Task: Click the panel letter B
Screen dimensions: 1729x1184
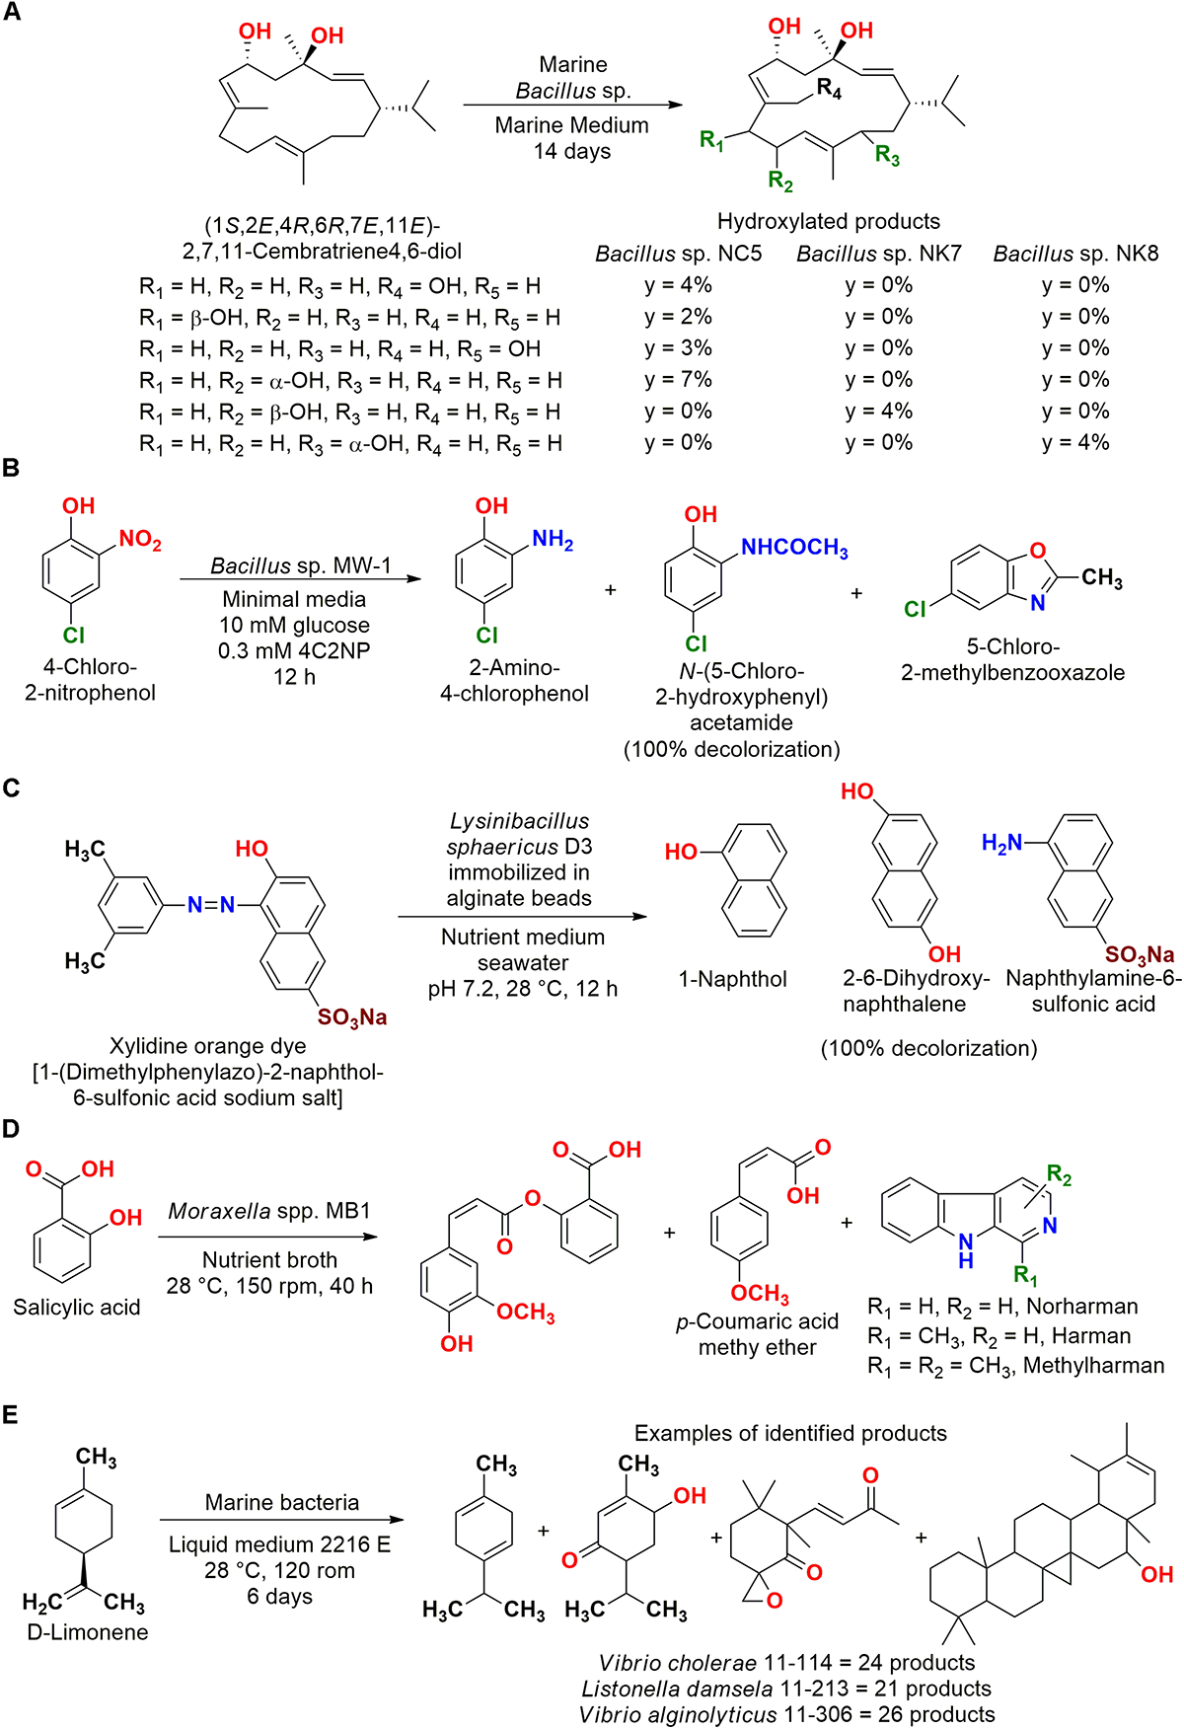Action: (11, 468)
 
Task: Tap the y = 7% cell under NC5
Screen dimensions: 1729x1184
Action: (678, 379)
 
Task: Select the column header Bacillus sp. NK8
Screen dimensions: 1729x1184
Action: (1075, 254)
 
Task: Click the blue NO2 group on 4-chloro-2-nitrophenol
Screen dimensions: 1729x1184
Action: (140, 539)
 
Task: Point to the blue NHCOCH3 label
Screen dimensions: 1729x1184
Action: (793, 548)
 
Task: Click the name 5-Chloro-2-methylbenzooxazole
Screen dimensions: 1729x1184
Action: (1012, 659)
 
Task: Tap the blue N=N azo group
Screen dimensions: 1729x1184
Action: (211, 904)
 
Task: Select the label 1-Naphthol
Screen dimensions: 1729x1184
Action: (732, 979)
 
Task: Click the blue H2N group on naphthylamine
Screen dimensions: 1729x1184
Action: (1001, 843)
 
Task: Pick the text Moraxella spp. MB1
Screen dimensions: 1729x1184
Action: (269, 1211)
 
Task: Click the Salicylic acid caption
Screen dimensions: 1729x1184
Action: (77, 1308)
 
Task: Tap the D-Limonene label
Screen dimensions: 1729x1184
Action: (88, 1632)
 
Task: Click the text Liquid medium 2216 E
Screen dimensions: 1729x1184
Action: (279, 1544)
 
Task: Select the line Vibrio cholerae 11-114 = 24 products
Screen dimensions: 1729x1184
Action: (786, 1663)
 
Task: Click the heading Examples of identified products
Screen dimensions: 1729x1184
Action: (790, 1433)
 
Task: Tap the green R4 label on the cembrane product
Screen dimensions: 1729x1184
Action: (830, 90)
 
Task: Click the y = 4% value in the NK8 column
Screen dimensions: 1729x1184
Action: (1075, 442)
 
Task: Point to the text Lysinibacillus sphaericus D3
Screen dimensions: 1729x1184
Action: (519, 834)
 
